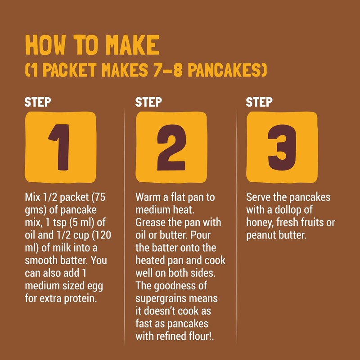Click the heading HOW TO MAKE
coord(92,45)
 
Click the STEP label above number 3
coord(259,102)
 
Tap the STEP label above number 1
coord(37,102)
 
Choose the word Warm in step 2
coord(147,198)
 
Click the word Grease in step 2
coord(149,223)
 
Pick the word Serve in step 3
coord(258,198)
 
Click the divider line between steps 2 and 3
coord(237,225)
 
